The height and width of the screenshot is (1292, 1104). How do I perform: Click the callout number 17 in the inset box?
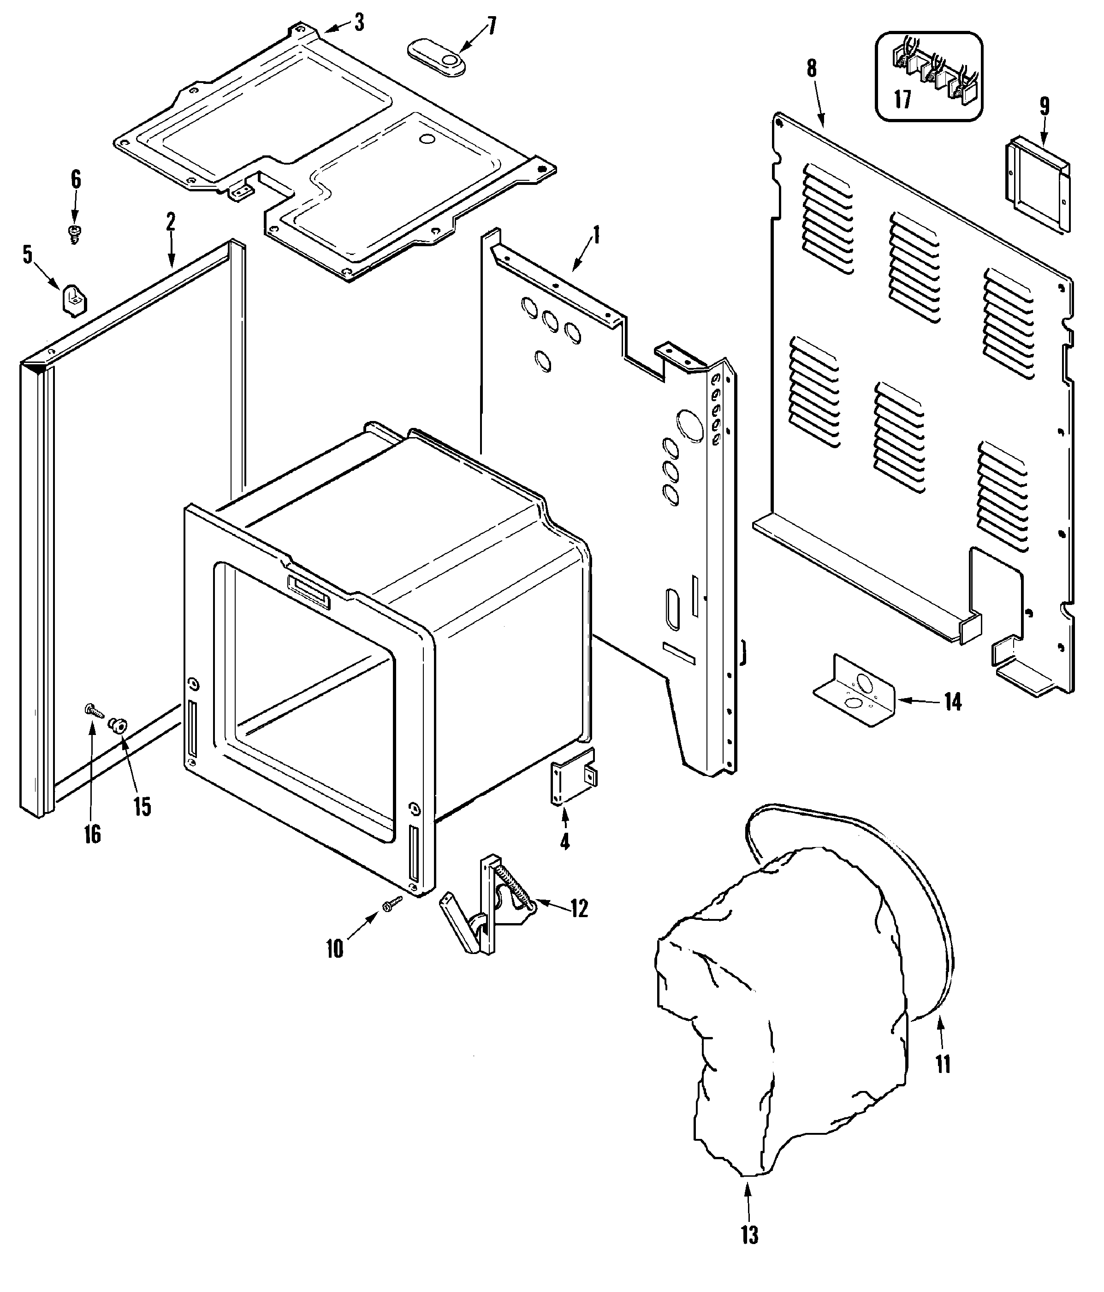click(x=902, y=99)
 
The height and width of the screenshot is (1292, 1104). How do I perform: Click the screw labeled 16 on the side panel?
click(x=92, y=710)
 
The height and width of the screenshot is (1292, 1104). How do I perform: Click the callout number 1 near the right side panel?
click(x=596, y=235)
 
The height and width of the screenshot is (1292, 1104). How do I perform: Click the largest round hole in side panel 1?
click(x=689, y=425)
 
